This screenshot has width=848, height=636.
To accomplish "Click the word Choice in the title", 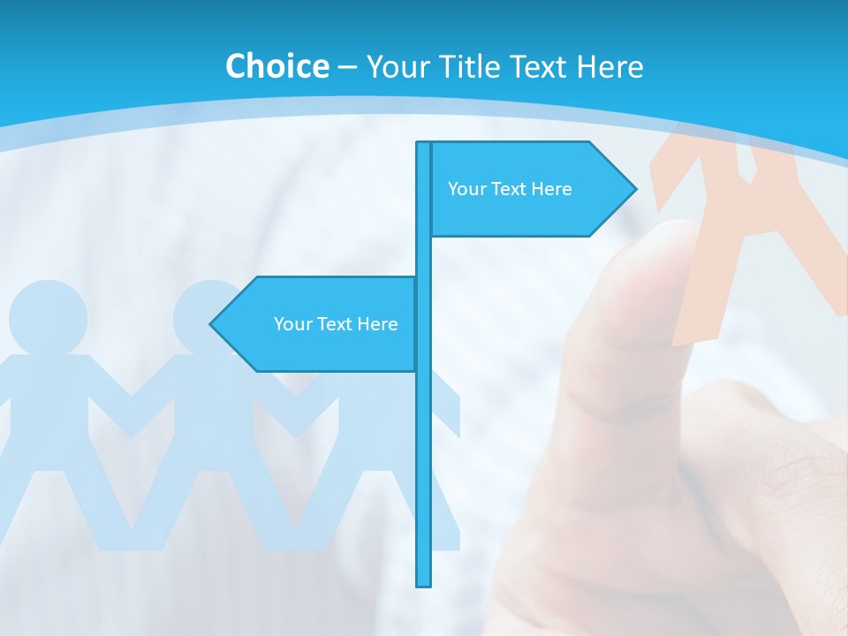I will pyautogui.click(x=276, y=66).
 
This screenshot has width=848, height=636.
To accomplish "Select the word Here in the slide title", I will pyautogui.click(x=609, y=66).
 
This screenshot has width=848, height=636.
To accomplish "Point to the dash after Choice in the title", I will pyautogui.click(x=347, y=67).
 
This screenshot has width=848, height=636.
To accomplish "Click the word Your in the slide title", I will pyautogui.click(x=397, y=66).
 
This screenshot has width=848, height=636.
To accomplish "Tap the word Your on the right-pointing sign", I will pyautogui.click(x=466, y=189).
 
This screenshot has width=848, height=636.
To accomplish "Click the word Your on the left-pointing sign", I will pyautogui.click(x=292, y=324).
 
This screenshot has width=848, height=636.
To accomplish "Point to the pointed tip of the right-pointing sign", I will pyautogui.click(x=634, y=188).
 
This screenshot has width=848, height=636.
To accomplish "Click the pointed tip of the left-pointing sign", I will pyautogui.click(x=212, y=324).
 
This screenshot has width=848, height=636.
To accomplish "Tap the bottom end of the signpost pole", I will pyautogui.click(x=424, y=583).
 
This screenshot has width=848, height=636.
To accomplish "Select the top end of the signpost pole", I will pyautogui.click(x=424, y=144).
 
